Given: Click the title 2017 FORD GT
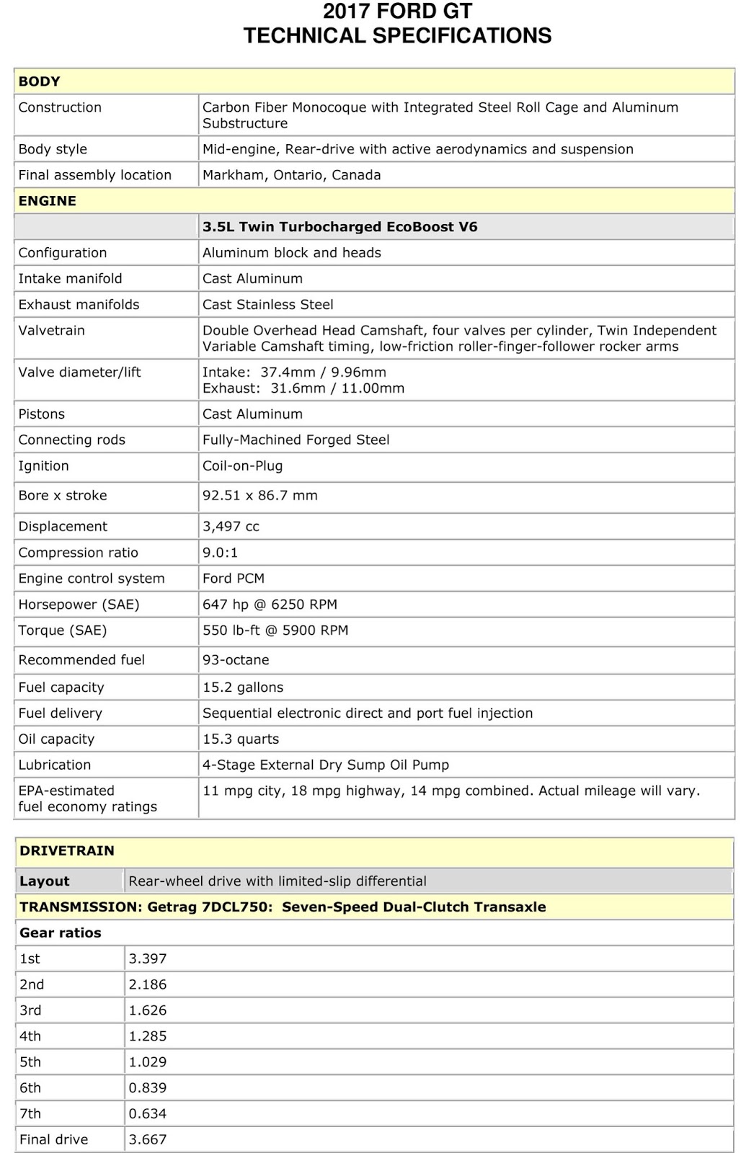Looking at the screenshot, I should pos(397,12).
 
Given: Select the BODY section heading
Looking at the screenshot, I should pos(40,81).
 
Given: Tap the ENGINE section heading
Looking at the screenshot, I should pos(47,201).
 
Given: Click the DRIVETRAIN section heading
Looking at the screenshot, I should pos(67,850).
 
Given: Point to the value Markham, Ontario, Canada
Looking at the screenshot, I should pos(291,175).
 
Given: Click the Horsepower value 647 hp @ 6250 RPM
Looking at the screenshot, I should pos(270,605).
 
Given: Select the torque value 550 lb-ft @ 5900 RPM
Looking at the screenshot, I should pos(275,631).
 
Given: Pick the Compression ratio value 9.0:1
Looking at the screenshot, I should pos(220,553).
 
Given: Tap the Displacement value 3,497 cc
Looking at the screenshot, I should pos(231,527).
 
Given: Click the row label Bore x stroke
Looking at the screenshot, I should pos(63,496).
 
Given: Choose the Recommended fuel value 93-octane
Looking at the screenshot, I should pos(236,660).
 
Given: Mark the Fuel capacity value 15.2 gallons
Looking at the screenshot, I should pos(243,687).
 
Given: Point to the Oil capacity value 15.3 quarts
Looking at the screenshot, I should pos(241,739).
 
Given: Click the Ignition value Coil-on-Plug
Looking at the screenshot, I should pos(242,466).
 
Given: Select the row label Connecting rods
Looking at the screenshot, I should pos(72,440).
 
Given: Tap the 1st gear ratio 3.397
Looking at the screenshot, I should pos(148,959).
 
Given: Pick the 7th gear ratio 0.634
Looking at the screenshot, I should pos(148,1114).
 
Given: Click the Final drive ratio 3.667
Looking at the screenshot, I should pos(148,1140).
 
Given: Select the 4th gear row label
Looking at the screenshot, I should pos(30,1036).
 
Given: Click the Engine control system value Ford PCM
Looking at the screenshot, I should pos(234,579).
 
